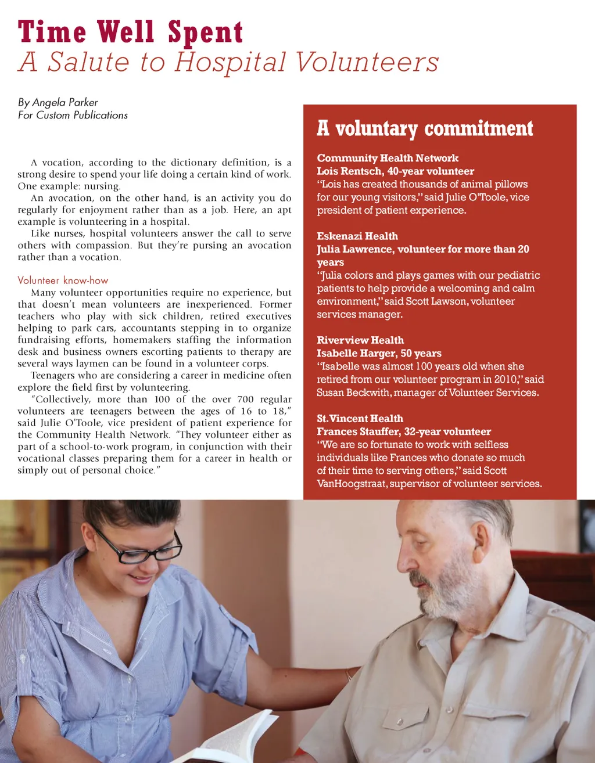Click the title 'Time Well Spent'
[130, 33]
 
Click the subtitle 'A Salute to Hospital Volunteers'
[228, 63]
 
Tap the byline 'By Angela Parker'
[58, 103]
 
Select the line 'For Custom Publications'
[73, 115]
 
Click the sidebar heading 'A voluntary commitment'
[425, 128]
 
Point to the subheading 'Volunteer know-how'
[63, 280]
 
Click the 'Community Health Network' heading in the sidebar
[388, 158]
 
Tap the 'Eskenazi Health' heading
[357, 236]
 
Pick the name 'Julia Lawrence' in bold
[354, 249]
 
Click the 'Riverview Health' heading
[360, 340]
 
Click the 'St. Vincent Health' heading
[360, 419]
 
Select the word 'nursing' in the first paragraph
[101, 186]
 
